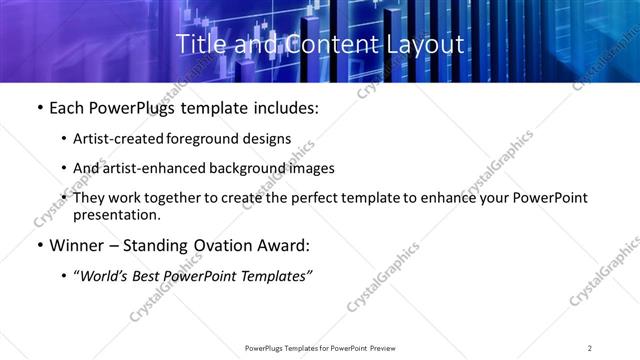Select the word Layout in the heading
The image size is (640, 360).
coord(428,44)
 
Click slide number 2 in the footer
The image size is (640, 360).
coord(590,348)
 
